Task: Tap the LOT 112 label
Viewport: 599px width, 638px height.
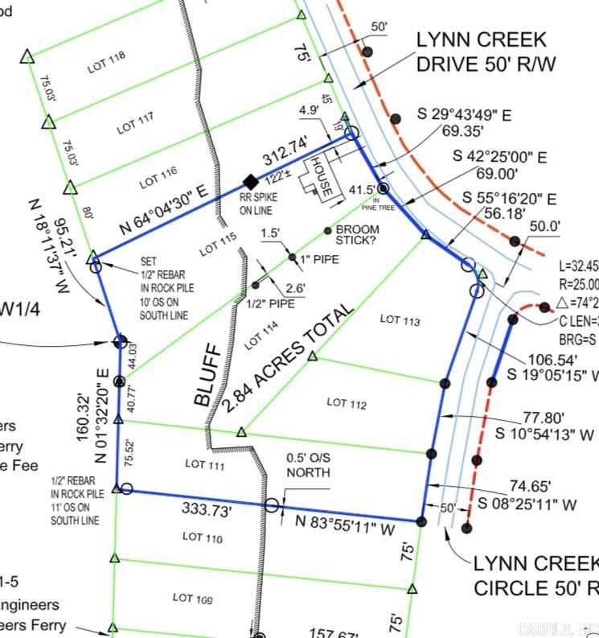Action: tap(347, 403)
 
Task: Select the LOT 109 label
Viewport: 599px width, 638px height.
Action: tap(193, 598)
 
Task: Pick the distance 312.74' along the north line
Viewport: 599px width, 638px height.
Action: tap(285, 151)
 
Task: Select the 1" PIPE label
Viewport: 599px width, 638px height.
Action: tap(319, 259)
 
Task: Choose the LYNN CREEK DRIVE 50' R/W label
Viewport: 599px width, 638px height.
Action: tap(481, 51)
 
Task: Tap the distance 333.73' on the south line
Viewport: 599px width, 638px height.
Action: tap(207, 509)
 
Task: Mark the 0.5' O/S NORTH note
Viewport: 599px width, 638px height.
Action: tap(308, 465)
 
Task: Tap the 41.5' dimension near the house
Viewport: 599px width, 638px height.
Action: tap(362, 190)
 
